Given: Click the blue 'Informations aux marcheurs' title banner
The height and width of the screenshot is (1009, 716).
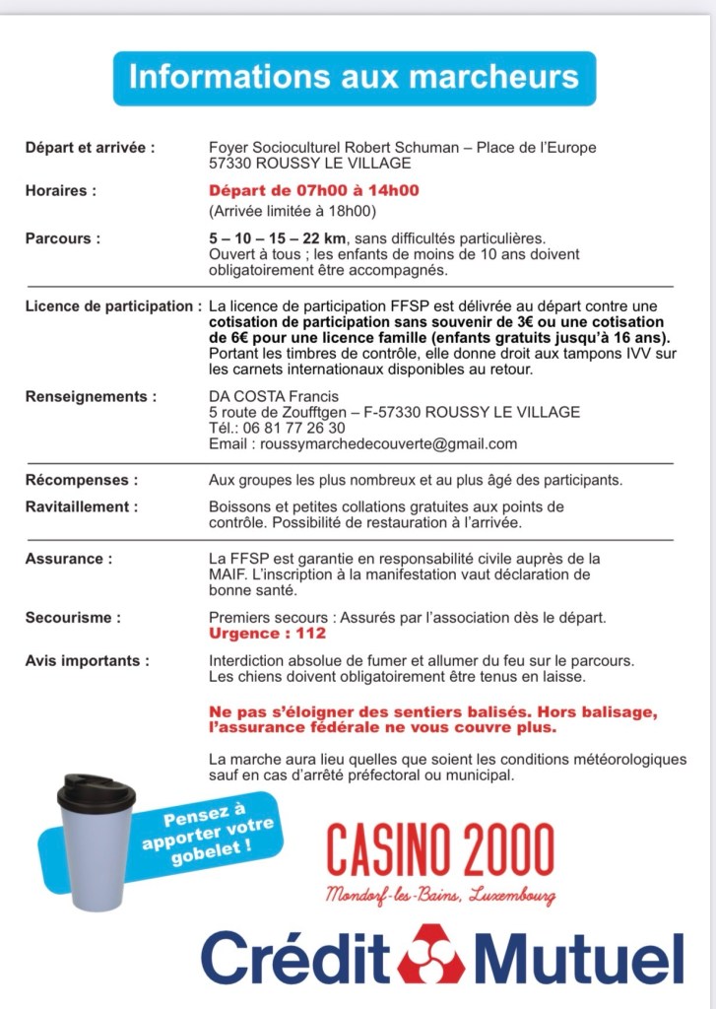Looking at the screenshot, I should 354,77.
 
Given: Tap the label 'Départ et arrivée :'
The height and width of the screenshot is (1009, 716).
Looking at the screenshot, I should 90,148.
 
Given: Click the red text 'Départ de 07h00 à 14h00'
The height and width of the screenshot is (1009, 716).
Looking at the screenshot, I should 313,190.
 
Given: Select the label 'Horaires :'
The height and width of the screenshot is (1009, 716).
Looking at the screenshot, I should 60,190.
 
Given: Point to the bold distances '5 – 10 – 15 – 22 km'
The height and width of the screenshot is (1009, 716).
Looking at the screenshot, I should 272,238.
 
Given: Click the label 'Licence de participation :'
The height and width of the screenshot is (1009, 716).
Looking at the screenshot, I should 113,306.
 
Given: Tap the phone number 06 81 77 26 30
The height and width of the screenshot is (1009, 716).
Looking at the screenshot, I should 296,428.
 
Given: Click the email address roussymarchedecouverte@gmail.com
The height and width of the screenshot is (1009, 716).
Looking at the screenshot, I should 387,443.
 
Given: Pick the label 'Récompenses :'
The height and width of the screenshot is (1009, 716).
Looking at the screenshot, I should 81,480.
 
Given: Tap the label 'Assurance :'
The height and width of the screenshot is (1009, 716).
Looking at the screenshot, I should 68,559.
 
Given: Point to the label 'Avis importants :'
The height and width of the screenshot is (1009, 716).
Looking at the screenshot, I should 88,660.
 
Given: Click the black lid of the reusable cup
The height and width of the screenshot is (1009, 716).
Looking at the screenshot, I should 95,790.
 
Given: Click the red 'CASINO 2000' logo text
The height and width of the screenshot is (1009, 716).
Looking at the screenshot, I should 439,850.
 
